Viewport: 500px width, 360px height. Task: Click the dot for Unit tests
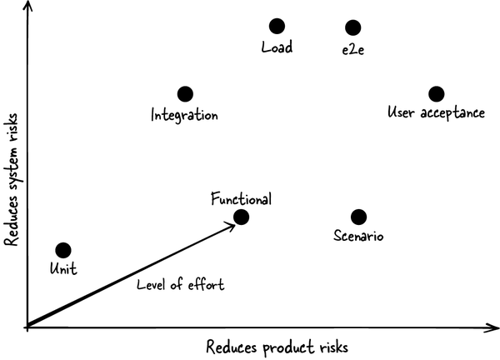[x=62, y=250]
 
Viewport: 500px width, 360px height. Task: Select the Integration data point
[x=185, y=94]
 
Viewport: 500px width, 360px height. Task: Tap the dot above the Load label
[x=277, y=27]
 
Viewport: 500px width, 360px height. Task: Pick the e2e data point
[x=353, y=28]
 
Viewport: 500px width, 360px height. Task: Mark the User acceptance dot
[x=436, y=93]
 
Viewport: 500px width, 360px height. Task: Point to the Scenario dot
[x=358, y=217]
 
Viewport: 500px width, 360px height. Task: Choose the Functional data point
[x=242, y=217]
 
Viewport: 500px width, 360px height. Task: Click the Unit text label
[x=63, y=270]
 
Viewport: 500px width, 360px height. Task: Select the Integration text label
[x=184, y=115]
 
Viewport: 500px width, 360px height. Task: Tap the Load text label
[x=277, y=47]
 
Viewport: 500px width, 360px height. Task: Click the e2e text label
[x=353, y=49]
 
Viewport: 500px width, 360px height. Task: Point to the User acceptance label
[x=436, y=112]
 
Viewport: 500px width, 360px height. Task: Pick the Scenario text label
[x=357, y=237]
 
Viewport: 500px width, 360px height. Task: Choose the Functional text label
[x=241, y=198]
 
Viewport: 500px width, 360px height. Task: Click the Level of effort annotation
[x=180, y=285]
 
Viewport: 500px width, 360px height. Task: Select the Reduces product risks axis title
[x=276, y=345]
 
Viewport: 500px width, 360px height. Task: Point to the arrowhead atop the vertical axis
[x=28, y=9]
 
